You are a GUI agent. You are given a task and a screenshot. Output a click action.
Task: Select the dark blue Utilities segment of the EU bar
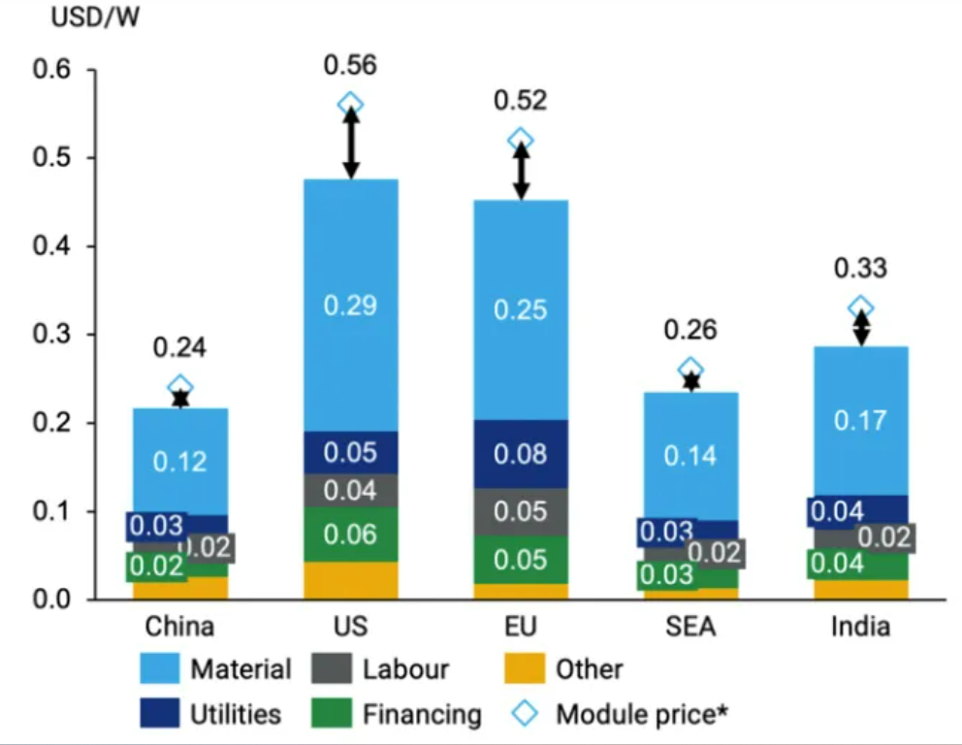click(521, 454)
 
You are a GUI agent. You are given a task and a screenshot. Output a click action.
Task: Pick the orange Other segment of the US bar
click(351, 580)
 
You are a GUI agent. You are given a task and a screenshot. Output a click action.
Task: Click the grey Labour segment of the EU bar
click(521, 511)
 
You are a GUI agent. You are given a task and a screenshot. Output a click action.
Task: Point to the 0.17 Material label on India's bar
click(860, 420)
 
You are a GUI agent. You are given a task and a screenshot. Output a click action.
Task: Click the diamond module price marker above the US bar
click(351, 105)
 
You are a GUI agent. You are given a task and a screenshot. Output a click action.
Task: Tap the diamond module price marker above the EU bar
click(521, 141)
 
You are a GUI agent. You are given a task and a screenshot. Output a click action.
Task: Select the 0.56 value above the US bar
click(351, 66)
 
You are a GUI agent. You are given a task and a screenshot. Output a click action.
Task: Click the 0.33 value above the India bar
click(860, 269)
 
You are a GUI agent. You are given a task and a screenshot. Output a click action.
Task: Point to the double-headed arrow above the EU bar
click(521, 171)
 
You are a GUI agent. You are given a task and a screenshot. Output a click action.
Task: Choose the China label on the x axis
click(180, 627)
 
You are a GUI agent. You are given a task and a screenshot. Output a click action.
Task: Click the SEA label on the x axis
click(690, 627)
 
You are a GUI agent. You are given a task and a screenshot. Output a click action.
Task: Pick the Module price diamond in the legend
click(524, 715)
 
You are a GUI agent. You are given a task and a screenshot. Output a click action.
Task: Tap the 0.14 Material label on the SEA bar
click(690, 454)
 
